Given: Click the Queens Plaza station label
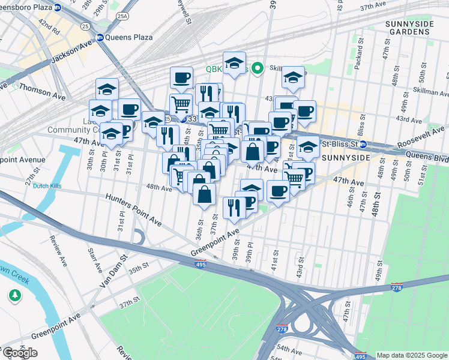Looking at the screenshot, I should [x=128, y=37].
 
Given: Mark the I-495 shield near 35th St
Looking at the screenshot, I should [x=200, y=264].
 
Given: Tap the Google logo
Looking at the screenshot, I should [x=20, y=353].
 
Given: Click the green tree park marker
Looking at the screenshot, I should [x=14, y=295].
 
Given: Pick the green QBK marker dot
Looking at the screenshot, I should [x=258, y=68].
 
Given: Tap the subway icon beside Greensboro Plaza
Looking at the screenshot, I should [x=57, y=8].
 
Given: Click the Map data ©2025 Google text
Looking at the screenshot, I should [x=411, y=355].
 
